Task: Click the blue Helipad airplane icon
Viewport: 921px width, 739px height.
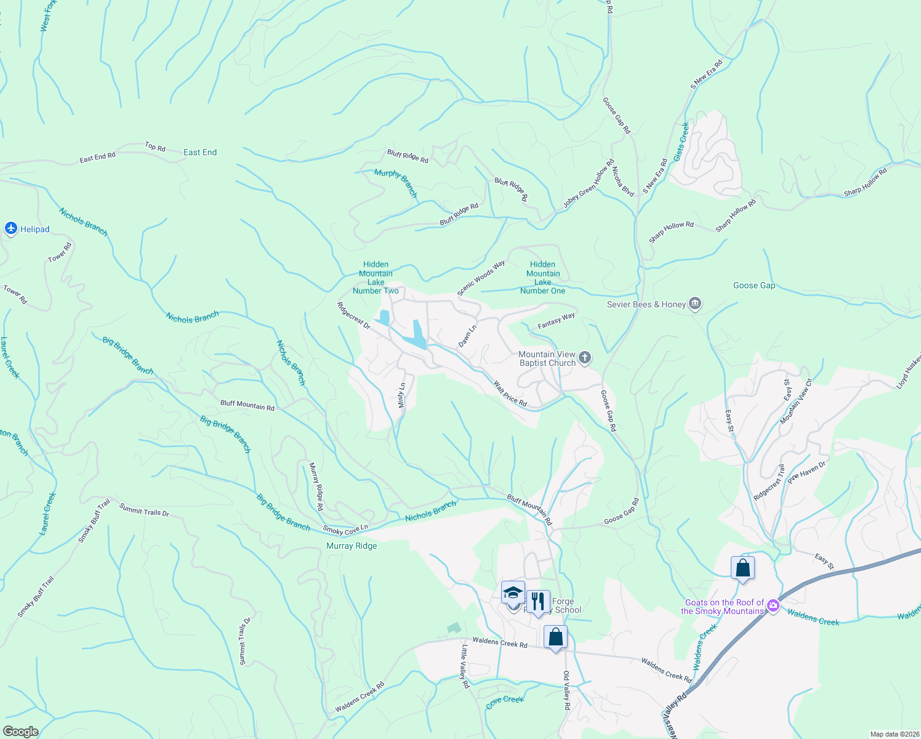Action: (x=10, y=229)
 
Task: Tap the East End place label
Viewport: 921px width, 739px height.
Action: (x=200, y=152)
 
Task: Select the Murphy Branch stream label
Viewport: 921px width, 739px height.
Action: (x=396, y=182)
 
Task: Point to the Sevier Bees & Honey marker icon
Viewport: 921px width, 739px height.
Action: (x=695, y=304)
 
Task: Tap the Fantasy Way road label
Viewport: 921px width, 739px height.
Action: (x=556, y=320)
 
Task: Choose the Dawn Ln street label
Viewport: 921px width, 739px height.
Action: (x=468, y=336)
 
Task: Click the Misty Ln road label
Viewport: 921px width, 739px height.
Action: (x=401, y=395)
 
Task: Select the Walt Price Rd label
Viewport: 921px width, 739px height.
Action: (x=510, y=394)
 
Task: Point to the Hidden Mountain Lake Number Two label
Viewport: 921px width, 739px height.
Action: (x=376, y=278)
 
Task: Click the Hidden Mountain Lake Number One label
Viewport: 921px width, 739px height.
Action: (x=542, y=278)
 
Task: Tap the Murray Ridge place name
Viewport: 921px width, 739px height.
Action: (x=352, y=546)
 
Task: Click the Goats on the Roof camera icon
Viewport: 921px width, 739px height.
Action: (x=773, y=606)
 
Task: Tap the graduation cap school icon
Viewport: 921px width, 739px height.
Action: (x=513, y=593)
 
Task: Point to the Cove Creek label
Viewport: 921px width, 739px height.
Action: (x=505, y=701)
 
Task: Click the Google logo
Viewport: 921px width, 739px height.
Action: (x=20, y=732)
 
